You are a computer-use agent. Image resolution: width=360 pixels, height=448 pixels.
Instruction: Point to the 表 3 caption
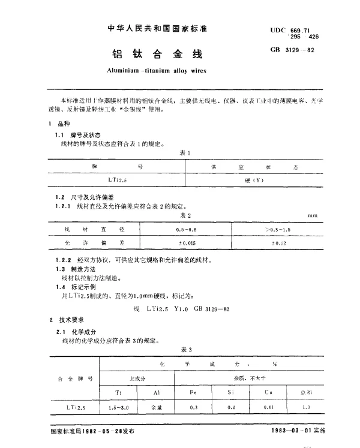[185, 350]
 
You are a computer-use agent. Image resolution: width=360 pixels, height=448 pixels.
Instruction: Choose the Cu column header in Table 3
[268, 392]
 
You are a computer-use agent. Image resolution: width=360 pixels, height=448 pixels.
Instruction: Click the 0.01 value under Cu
[268, 407]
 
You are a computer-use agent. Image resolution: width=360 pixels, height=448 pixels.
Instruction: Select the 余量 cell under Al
[155, 407]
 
